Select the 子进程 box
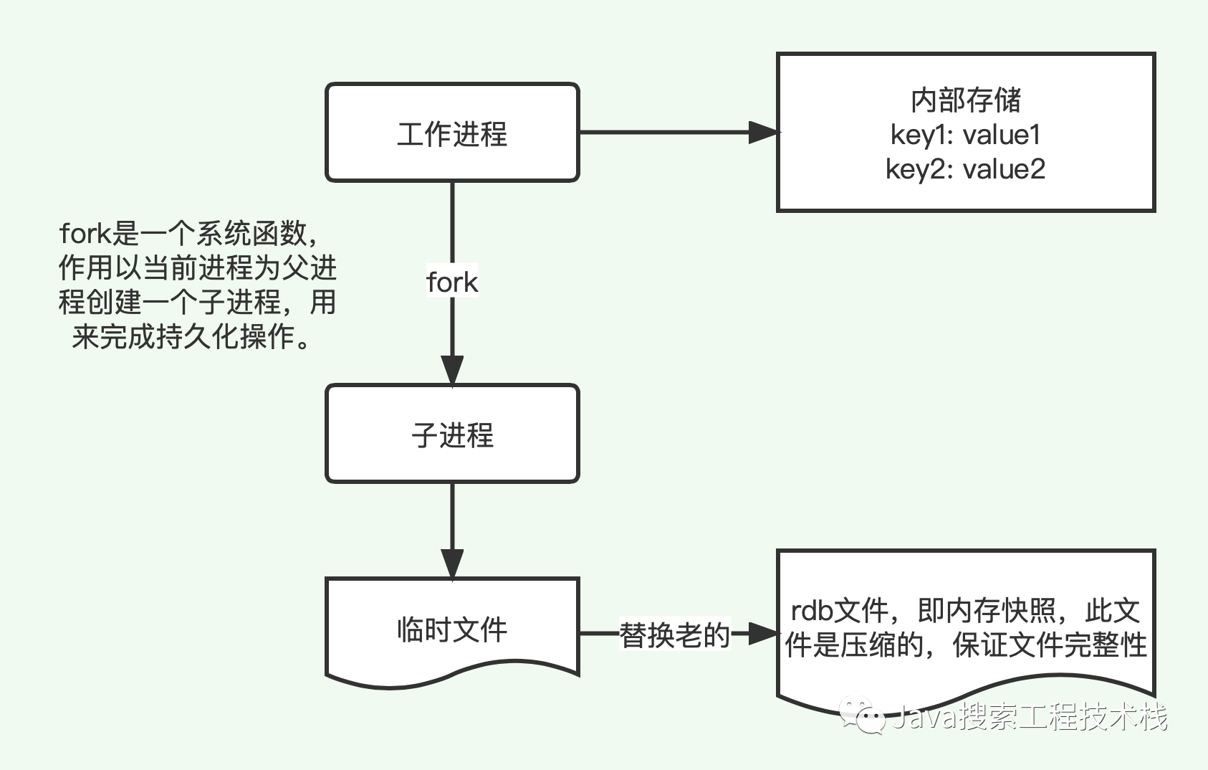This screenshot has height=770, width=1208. point(452,434)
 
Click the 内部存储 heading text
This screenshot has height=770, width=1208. point(966,100)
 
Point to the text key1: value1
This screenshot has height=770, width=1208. point(966,135)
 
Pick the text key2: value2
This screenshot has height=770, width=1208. point(966,169)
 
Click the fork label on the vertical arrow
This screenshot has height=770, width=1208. point(452,282)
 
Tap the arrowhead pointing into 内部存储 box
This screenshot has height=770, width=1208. point(763,132)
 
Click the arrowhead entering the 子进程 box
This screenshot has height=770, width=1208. point(452,371)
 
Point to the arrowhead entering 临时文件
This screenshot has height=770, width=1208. point(452,564)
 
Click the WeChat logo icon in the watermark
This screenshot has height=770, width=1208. point(863,715)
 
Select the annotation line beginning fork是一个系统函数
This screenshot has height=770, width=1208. point(189,234)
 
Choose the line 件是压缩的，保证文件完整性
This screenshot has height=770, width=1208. point(966,645)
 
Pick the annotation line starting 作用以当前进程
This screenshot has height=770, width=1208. point(197,268)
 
